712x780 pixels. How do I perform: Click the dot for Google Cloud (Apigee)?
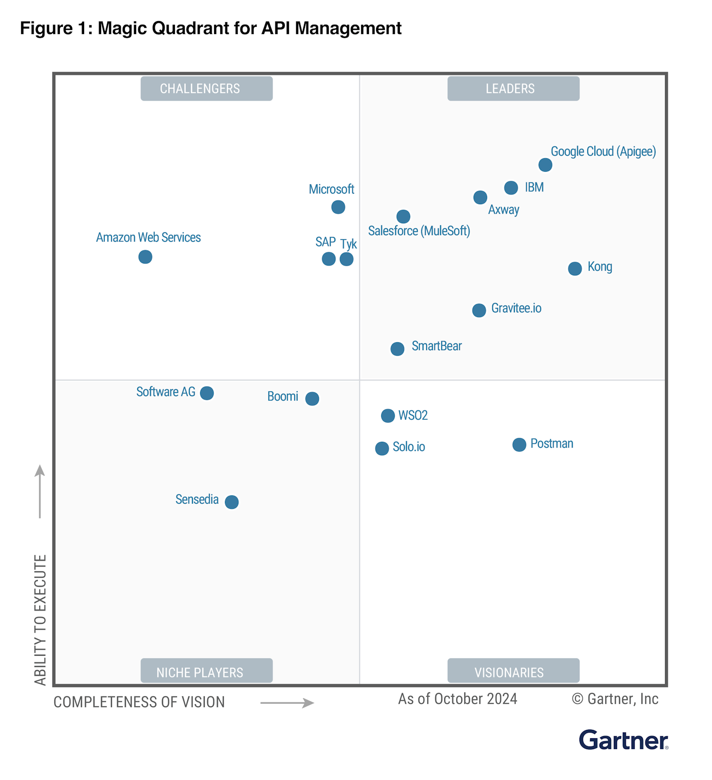(x=545, y=165)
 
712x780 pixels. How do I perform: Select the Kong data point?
(x=575, y=269)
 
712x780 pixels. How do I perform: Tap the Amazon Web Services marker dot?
(x=145, y=257)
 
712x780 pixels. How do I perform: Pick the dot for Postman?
(x=519, y=444)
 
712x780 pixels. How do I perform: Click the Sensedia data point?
(x=232, y=502)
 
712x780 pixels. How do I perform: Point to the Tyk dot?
(x=347, y=259)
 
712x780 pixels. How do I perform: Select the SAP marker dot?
(x=329, y=259)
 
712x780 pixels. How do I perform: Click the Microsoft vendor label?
(x=331, y=189)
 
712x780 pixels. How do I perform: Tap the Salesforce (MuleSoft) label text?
(x=419, y=231)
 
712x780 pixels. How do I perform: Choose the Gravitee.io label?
(x=516, y=308)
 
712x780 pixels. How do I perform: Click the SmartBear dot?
(x=397, y=349)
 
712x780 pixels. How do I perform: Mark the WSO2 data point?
(x=388, y=416)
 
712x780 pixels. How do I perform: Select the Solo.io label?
(x=409, y=447)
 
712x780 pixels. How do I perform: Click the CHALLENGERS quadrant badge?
(x=206, y=89)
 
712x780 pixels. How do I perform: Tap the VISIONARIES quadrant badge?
(x=513, y=671)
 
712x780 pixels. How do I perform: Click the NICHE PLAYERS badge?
(x=206, y=671)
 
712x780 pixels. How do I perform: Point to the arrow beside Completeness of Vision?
(x=287, y=703)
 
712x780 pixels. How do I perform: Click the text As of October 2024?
(x=457, y=699)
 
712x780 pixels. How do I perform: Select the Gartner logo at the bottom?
(x=623, y=740)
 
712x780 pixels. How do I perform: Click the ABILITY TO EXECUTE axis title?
(x=40, y=620)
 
